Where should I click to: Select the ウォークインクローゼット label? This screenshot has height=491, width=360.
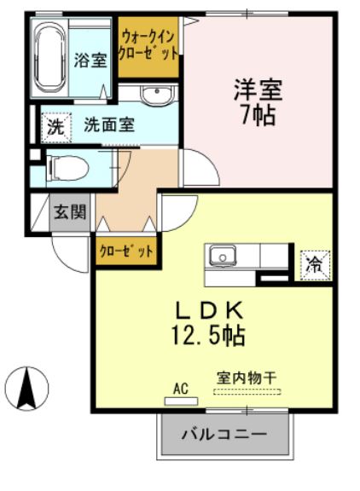point(148,46)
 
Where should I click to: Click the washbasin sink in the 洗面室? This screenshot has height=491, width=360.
point(155,94)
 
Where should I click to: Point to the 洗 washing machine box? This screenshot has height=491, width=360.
point(55,128)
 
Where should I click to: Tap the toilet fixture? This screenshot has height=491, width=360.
point(65,166)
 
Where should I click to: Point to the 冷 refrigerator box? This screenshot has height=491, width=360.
point(315,263)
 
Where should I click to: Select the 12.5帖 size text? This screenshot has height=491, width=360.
point(211,335)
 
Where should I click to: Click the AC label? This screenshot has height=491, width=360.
point(180,388)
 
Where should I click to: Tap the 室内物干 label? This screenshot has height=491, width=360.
point(247,376)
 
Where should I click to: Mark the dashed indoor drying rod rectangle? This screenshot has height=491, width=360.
point(247,391)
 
